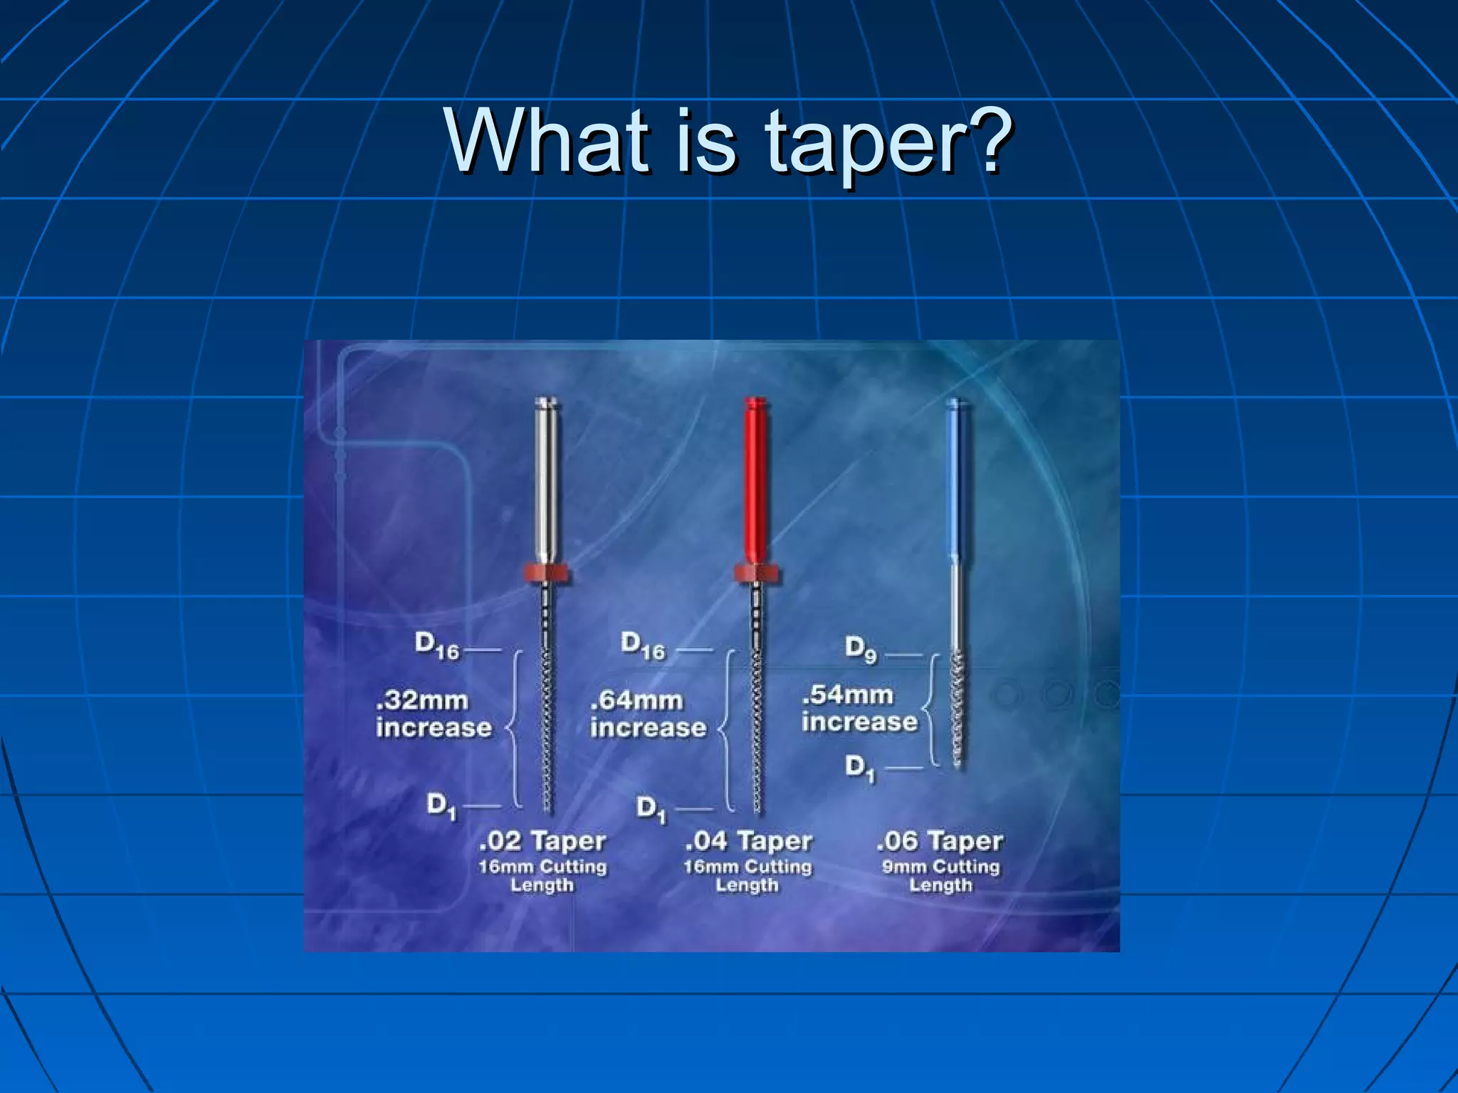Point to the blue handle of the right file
click(954, 484)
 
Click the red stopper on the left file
click(547, 572)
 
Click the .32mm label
click(422, 701)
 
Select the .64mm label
click(636, 701)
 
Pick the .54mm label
click(847, 695)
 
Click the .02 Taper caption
click(542, 841)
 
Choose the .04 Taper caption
click(748, 841)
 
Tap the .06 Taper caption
click(940, 841)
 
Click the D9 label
click(861, 649)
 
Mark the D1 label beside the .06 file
click(859, 767)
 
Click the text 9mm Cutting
click(940, 867)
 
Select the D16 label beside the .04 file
click(643, 645)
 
